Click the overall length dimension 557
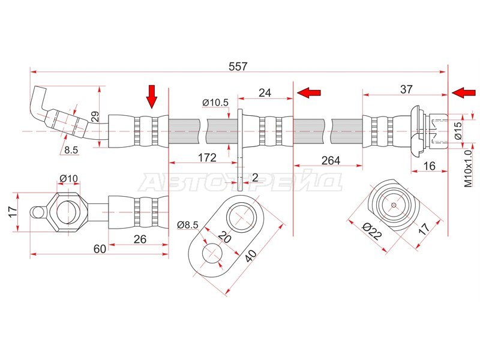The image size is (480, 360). (x=238, y=67)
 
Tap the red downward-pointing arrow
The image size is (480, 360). (x=152, y=97)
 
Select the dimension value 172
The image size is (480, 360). (x=207, y=158)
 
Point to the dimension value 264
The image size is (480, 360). (x=331, y=160)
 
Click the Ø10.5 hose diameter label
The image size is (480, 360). (x=215, y=103)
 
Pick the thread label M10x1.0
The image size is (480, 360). (x=469, y=169)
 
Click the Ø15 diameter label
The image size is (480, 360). (x=458, y=131)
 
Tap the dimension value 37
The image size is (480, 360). (x=406, y=89)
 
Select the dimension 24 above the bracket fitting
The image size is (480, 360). (x=265, y=92)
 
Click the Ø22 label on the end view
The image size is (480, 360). (x=372, y=232)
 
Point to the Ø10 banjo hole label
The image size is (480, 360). (x=68, y=178)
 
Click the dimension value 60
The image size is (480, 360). (x=100, y=249)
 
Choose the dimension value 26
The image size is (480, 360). (x=140, y=239)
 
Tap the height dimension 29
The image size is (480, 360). (x=95, y=116)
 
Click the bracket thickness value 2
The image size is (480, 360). (x=255, y=177)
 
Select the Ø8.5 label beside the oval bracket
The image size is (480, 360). (x=188, y=225)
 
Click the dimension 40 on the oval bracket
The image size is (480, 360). (x=250, y=254)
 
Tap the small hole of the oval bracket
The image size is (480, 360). (x=212, y=253)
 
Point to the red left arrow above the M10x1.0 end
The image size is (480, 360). (x=464, y=92)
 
